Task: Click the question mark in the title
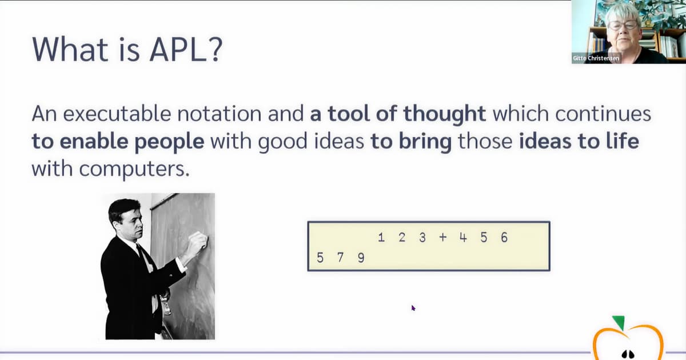pos(217,49)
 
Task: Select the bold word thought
pos(444,114)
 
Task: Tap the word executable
pos(117,114)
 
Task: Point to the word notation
pos(220,114)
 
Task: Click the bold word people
pos(169,142)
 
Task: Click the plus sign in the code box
pos(443,237)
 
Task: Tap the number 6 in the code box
pos(504,237)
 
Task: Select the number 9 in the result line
pos(361,258)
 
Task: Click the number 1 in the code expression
pos(381,237)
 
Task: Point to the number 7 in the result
pos(340,258)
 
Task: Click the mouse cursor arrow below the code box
pos(413,307)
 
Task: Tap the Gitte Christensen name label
pos(596,58)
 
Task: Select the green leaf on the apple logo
pos(619,323)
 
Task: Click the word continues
pos(603,114)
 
